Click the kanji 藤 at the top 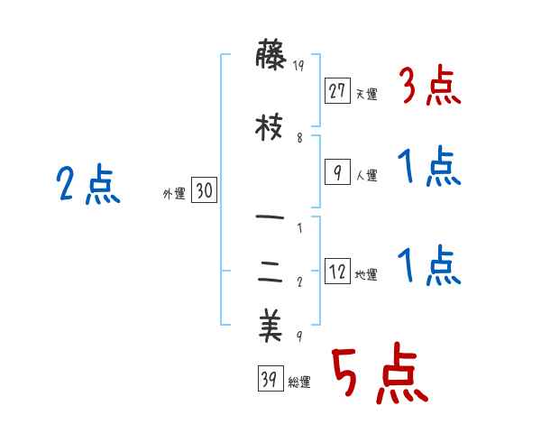click(270, 57)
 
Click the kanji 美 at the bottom click(270, 327)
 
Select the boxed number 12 click(338, 272)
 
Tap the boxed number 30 click(204, 190)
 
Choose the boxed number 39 click(269, 380)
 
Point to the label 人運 click(366, 175)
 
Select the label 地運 click(366, 274)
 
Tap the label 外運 click(174, 193)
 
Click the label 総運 click(298, 383)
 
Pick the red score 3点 click(429, 88)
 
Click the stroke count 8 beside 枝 click(299, 138)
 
